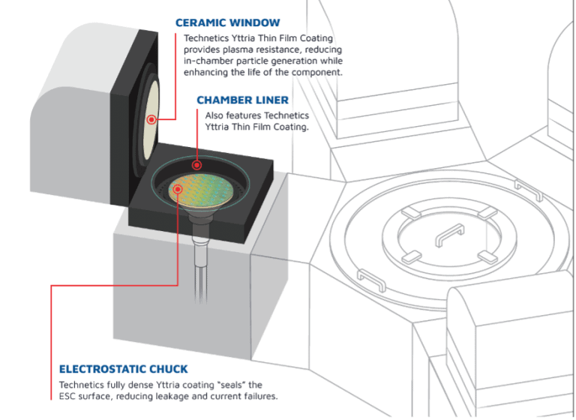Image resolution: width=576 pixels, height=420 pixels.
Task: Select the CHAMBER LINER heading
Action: click(241, 100)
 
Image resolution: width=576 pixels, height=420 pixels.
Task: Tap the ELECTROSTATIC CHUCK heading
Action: click(124, 369)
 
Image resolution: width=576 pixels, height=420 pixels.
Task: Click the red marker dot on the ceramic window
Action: click(151, 119)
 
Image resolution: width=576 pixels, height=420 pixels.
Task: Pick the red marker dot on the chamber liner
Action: click(196, 164)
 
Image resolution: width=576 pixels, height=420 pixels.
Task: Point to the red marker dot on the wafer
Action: click(178, 189)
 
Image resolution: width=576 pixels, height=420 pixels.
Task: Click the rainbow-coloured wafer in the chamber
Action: click(199, 193)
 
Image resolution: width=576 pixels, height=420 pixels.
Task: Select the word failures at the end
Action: click(257, 395)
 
